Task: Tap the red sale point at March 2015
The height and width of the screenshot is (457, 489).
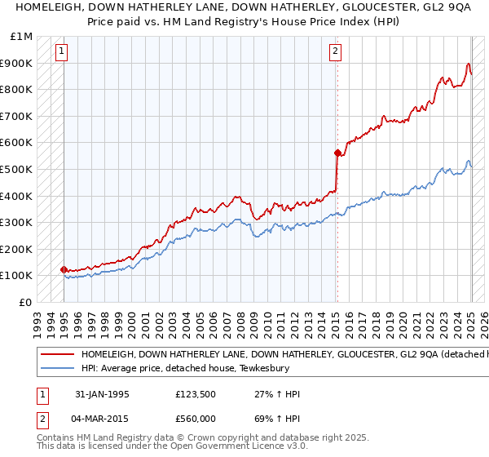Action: pyautogui.click(x=337, y=153)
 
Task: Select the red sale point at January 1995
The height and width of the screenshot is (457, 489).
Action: pyautogui.click(x=64, y=269)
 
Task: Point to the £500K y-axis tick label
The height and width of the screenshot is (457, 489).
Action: pyautogui.click(x=17, y=169)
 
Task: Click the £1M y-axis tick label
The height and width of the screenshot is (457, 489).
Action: pyautogui.click(x=22, y=37)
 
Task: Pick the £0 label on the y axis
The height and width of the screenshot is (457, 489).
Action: pyautogui.click(x=26, y=302)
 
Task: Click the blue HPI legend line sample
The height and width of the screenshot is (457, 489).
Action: pyautogui.click(x=58, y=368)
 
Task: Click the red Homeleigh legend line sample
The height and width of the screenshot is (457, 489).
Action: pyautogui.click(x=58, y=355)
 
